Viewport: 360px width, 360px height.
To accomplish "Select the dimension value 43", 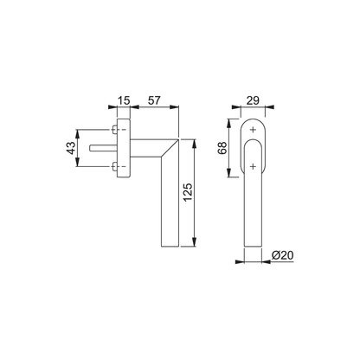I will [70, 148].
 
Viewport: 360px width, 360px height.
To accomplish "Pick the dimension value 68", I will [224, 148].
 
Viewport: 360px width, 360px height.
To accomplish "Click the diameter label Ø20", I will [281, 257].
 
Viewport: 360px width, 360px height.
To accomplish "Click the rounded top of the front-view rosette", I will [252, 119].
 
